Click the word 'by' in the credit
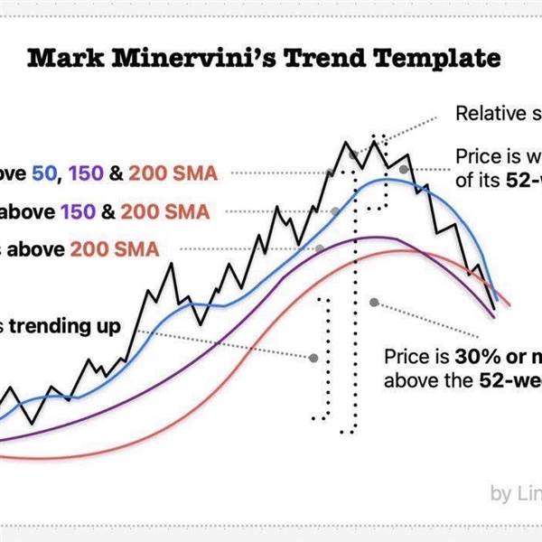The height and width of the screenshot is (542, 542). click(x=500, y=493)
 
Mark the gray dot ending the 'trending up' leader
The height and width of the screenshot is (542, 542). click(x=313, y=358)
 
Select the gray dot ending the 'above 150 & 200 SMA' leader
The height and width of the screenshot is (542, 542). click(x=335, y=211)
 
